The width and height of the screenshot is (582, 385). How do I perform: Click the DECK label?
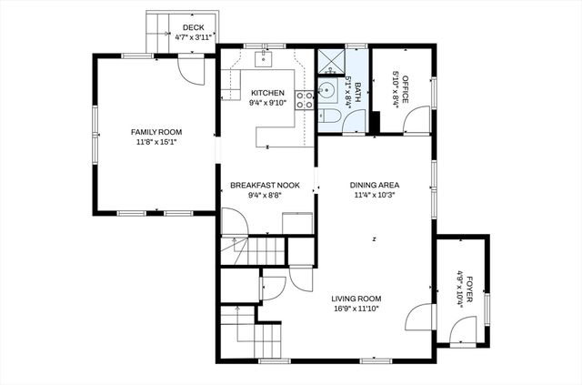(192, 28)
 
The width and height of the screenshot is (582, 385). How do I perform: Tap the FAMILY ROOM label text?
(156, 132)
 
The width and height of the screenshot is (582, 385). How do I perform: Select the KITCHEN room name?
(267, 93)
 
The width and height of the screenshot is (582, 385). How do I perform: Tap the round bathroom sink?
(326, 92)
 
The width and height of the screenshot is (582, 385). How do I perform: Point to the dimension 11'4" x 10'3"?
(376, 194)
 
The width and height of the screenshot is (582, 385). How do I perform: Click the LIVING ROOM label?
(356, 299)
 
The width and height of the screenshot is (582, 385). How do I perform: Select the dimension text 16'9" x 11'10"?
(356, 309)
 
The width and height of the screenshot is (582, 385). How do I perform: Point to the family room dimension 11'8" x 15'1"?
(156, 142)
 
